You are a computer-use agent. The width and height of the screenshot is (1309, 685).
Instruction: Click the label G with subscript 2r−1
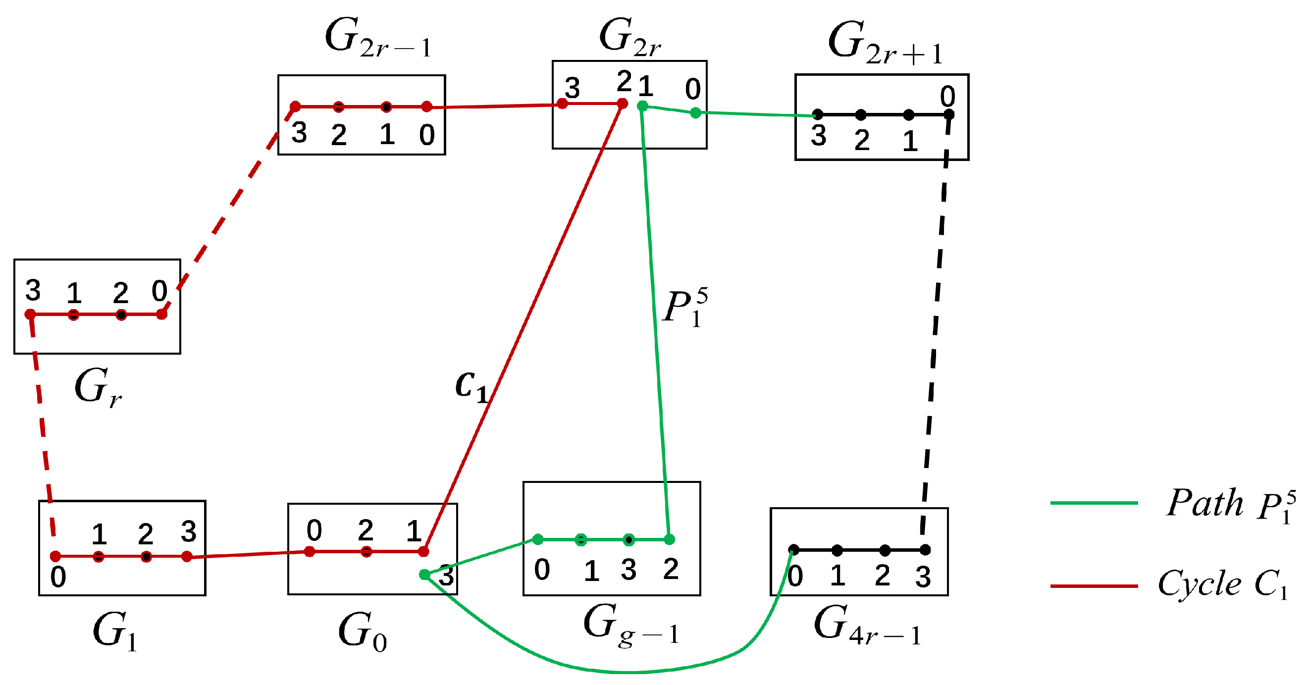point(378,39)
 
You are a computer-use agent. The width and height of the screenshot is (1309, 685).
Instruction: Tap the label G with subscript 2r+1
point(885,43)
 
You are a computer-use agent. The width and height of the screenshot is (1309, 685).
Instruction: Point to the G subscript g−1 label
point(630,625)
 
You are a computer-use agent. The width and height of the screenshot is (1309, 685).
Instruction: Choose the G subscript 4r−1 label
point(867,626)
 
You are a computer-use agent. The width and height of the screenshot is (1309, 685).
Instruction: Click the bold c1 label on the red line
point(471,386)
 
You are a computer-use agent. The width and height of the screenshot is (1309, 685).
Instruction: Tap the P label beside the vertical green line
point(684,308)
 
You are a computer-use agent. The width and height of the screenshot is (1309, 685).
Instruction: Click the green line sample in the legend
point(1094,503)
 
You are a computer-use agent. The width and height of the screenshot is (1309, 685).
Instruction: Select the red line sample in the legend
point(1094,586)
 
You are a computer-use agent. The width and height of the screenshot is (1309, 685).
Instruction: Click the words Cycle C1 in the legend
point(1222,583)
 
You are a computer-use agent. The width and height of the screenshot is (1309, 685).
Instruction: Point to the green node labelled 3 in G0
point(424,575)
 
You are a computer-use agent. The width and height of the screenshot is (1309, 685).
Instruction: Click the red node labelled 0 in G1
point(56,556)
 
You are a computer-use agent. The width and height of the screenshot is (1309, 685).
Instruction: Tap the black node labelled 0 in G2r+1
point(949,115)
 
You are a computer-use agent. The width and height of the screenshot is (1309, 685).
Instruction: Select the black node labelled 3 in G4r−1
point(925,550)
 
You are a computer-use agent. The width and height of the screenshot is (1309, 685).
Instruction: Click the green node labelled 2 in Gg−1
point(670,540)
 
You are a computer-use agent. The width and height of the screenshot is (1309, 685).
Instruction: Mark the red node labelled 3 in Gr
point(31,315)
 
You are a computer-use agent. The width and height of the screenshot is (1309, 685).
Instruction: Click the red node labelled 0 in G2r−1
point(427,106)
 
